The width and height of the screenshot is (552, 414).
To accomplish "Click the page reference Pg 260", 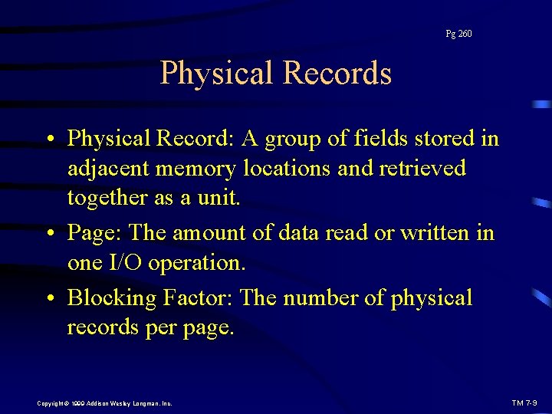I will tap(458, 34).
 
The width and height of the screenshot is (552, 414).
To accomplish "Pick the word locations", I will tap(289, 168).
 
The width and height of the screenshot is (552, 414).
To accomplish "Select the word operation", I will tap(202, 262).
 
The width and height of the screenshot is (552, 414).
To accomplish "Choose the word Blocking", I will tap(113, 297).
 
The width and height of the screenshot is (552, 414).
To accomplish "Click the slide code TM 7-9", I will tap(525, 402).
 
